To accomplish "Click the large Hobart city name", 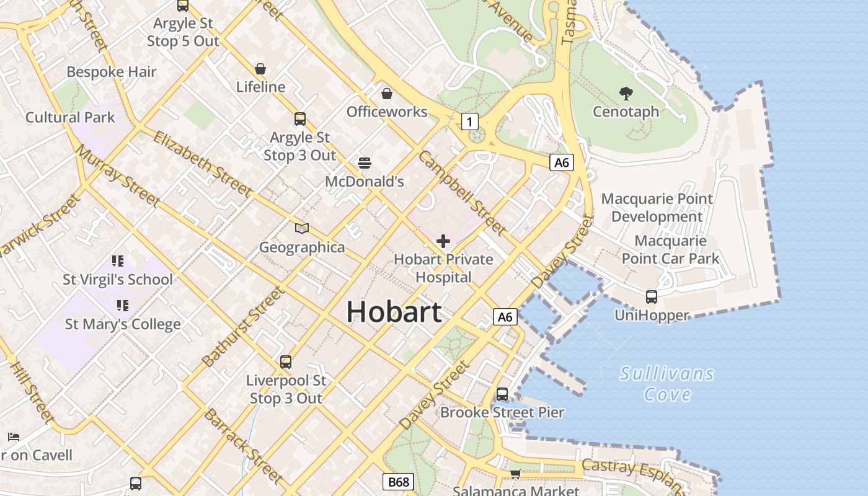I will coord(394,311).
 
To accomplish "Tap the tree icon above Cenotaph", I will coord(626,94).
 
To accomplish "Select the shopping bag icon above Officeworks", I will coord(387,94).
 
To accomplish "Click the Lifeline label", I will coord(260,87).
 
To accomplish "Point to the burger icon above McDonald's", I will coord(365,163).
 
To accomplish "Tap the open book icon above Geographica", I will coord(302,229).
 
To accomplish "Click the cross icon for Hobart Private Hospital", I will coord(443,241).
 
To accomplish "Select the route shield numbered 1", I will coord(470,122).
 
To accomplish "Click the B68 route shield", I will coord(397,482).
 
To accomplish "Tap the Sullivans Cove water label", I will coord(667,384).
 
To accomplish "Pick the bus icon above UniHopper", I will coord(652,296).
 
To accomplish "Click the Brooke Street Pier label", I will coord(502,412).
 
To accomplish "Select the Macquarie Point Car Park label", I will coord(670,249).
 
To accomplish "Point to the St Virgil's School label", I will coord(118,280).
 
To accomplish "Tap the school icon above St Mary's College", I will coord(122,305).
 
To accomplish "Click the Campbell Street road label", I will coord(463,193).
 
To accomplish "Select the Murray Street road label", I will coord(117,175).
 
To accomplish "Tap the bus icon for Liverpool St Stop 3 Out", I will coord(285,361).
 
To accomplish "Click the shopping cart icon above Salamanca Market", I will coord(515,474).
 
